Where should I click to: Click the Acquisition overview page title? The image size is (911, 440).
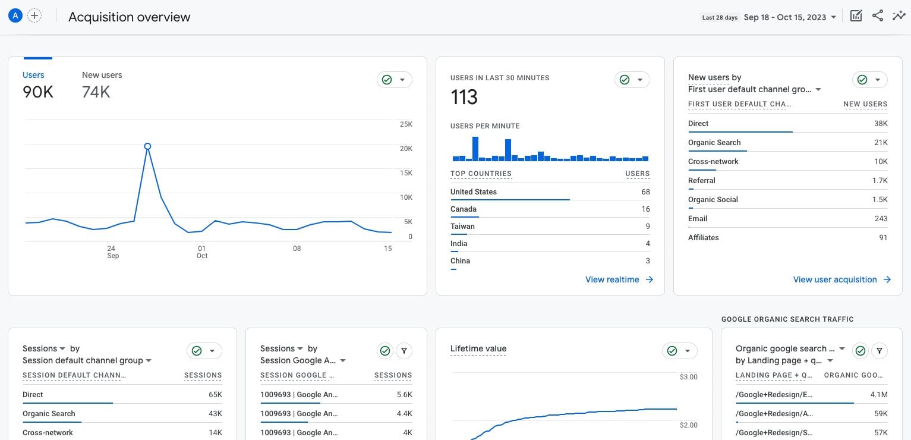(130, 17)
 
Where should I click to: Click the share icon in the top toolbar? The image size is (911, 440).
(878, 16)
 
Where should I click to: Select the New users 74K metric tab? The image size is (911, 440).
(102, 84)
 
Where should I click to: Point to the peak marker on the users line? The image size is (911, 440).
(147, 146)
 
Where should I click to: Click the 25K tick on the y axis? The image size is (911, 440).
(406, 124)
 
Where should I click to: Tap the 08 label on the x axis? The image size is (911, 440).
(297, 249)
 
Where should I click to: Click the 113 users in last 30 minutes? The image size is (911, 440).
(464, 97)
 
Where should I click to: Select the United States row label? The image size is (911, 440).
(474, 192)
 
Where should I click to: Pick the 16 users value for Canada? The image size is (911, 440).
(645, 209)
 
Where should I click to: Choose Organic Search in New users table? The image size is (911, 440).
(714, 143)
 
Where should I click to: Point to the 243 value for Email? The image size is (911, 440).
(881, 219)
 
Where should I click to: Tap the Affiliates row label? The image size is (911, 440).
(704, 238)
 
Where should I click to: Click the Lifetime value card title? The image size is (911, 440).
(478, 349)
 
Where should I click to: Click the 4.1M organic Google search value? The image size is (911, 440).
(878, 395)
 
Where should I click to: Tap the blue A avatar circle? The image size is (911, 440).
(15, 16)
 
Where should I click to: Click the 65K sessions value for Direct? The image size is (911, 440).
(215, 395)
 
